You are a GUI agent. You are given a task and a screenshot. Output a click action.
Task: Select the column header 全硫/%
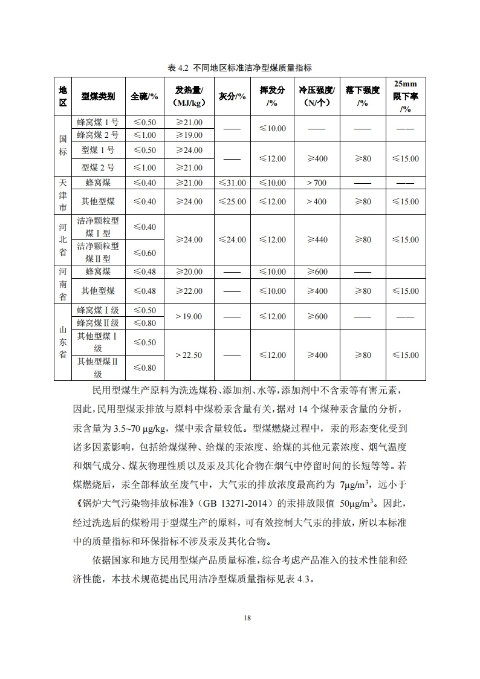click(144, 96)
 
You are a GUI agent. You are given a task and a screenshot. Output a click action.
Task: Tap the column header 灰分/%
click(232, 96)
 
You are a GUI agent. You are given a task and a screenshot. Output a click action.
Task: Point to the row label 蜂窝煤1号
click(98, 122)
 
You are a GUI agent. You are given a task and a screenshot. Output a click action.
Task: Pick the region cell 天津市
click(63, 195)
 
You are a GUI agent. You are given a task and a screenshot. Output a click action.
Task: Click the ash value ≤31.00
click(232, 183)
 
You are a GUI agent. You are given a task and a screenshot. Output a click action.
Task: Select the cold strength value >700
click(316, 183)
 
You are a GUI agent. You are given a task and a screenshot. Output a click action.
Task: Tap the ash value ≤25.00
click(232, 201)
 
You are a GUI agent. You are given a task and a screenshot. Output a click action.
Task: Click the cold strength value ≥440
click(316, 239)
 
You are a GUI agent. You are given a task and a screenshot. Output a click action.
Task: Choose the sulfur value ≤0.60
click(144, 253)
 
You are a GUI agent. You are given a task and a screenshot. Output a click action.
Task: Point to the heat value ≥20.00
click(189, 272)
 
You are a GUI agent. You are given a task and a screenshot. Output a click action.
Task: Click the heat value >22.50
click(189, 355)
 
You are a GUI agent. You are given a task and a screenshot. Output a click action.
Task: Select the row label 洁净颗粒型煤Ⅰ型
click(98, 227)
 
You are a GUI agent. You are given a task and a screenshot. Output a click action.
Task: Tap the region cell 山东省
click(63, 342)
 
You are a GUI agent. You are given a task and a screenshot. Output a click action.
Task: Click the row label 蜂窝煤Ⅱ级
click(98, 323)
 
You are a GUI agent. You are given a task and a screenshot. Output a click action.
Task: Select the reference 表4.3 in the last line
click(297, 579)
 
